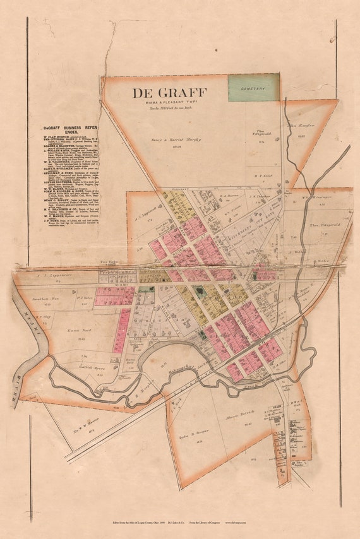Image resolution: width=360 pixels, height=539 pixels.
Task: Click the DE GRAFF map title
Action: click(169, 93)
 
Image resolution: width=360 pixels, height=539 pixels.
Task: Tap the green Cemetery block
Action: click(253, 88)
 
